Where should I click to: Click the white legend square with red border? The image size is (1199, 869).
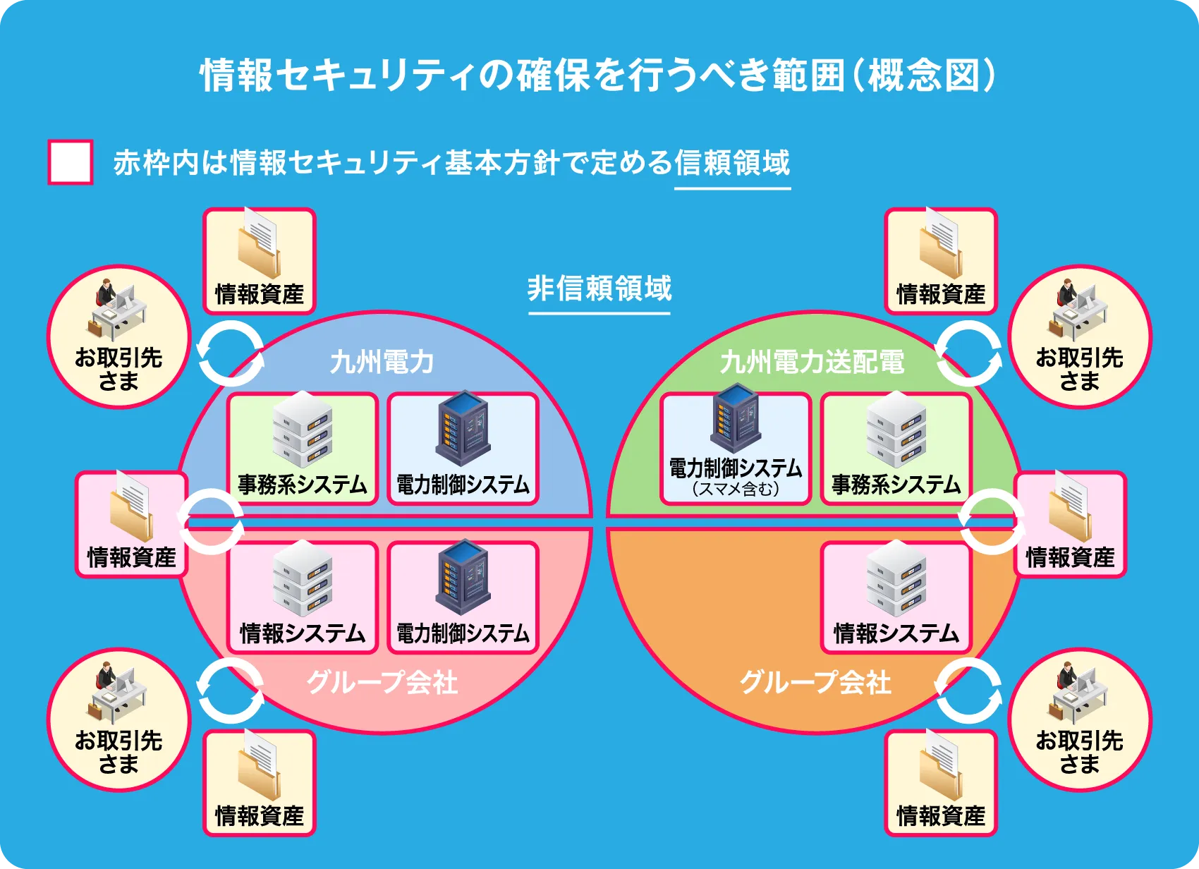70,162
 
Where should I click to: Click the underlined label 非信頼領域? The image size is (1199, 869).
599,288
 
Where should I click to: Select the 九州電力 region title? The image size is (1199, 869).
382,362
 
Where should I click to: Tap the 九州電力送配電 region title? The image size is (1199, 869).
812,362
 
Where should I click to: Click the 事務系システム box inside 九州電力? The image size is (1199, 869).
302,449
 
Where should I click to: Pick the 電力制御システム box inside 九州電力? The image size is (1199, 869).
463,449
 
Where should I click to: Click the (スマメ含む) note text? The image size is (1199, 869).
735,489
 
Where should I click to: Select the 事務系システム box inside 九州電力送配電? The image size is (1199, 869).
896,449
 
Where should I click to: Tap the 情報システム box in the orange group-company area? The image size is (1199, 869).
896,597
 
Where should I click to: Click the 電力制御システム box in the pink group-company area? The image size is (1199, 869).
463,597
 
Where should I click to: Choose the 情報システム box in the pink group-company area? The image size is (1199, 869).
302,597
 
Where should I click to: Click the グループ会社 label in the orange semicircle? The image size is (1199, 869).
815,682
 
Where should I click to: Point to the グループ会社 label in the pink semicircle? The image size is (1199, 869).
382,682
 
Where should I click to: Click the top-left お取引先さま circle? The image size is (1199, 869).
119,336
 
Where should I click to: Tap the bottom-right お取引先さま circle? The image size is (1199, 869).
1079,719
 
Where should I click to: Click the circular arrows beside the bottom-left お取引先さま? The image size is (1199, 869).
231,691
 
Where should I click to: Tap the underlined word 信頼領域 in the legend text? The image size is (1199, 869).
732,163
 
